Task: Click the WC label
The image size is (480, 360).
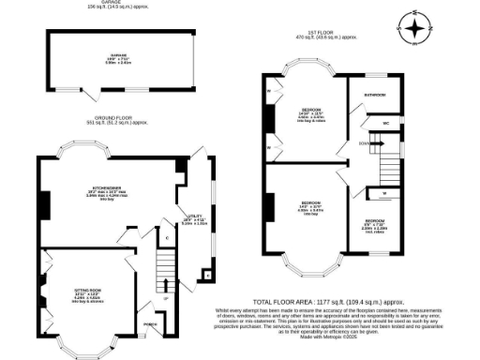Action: [x=385, y=124]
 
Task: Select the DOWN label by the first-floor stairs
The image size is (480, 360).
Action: [x=362, y=142]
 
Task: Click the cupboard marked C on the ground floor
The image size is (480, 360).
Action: [x=168, y=237]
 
